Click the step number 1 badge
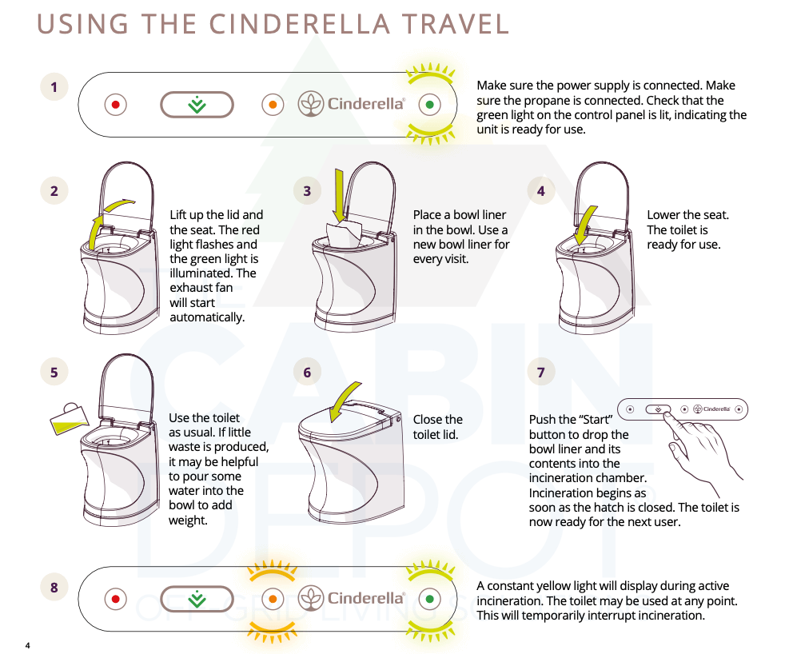tap(54, 87)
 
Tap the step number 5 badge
tap(54, 373)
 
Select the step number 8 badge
tap(54, 588)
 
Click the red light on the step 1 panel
tap(115, 105)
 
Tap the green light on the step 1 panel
tap(430, 105)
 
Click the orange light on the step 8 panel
tap(273, 599)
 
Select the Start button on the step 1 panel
tap(197, 105)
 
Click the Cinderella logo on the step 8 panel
tap(352, 598)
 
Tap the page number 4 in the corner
tap(27, 645)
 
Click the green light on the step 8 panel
tap(430, 599)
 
